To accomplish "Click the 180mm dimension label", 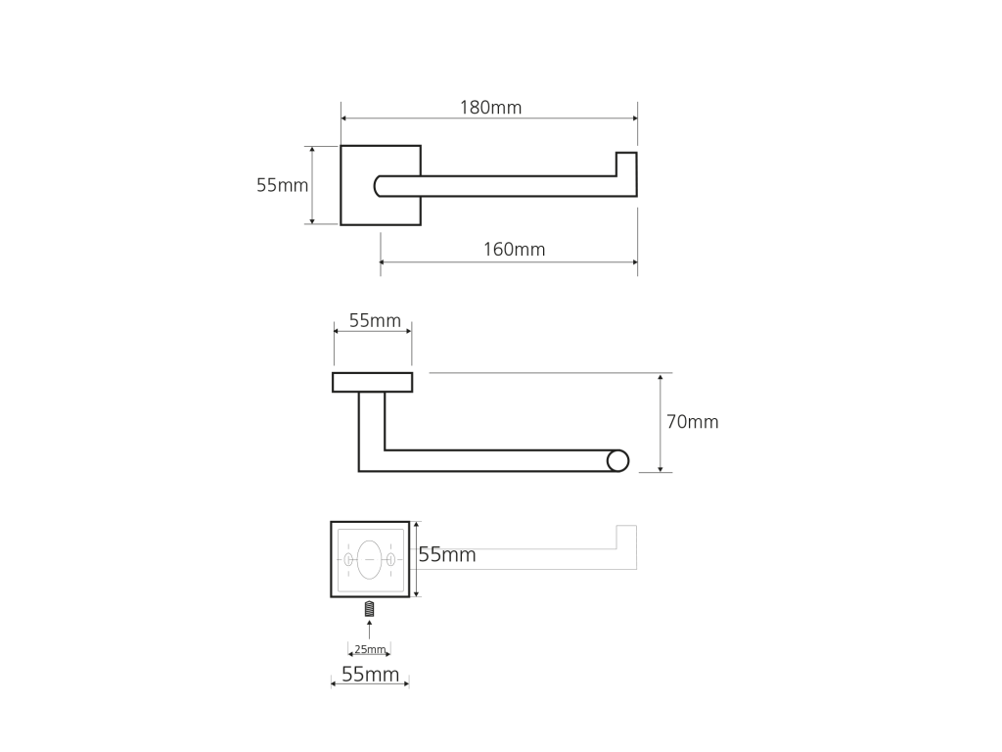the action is [491, 108].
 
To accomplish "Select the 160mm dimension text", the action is [515, 250].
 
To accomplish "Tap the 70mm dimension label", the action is [693, 422].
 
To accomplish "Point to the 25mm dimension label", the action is [370, 650].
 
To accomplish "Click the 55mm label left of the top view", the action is [283, 185].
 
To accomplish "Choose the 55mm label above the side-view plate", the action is [375, 320].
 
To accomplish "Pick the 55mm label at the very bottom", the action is [371, 674].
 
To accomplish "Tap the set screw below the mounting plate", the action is [369, 609].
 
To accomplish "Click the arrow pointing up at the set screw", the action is [369, 630].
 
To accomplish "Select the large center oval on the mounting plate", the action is [369, 559].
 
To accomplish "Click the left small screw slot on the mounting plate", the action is [348, 560].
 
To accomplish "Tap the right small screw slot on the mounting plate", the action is [390, 560].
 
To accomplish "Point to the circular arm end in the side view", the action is [618, 461].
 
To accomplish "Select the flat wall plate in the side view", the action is [373, 383].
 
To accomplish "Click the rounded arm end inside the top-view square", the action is [379, 186].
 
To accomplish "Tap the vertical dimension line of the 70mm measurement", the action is [660, 423].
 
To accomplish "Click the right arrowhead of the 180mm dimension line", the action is [634, 118].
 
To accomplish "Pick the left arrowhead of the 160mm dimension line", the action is [384, 262].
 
